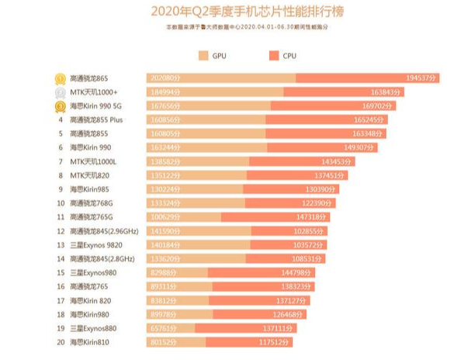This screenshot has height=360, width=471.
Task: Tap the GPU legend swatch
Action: [203, 56]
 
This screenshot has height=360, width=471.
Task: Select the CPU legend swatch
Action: [275, 56]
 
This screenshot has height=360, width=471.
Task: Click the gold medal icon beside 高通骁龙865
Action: [59, 78]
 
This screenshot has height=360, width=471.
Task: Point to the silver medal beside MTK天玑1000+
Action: [59, 92]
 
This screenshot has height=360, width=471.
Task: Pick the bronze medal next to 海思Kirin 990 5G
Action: [59, 106]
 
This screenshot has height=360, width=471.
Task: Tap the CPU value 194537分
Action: [422, 78]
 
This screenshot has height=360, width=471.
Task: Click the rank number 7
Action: [60, 161]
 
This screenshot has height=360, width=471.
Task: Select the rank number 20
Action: [60, 342]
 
